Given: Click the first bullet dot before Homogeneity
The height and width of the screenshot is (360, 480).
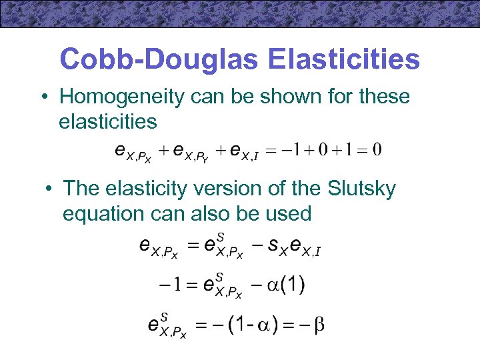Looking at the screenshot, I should [x=42, y=97].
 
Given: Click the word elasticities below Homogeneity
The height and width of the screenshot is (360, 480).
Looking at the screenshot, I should [x=108, y=122].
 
